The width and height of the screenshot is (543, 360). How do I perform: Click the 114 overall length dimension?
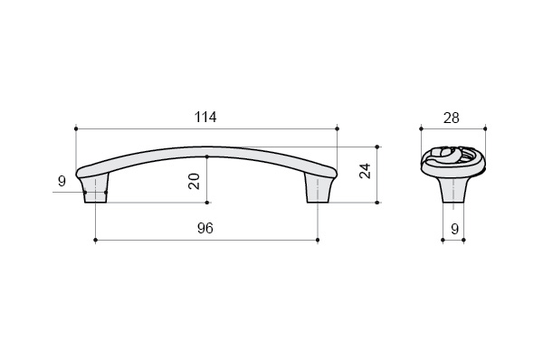coord(205,117)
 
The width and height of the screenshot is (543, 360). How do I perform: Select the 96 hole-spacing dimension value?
coord(205,228)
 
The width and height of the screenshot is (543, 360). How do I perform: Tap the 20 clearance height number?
coord(194,181)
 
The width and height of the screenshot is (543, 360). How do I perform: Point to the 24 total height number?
coord(365,171)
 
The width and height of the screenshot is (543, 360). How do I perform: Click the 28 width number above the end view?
coord(452,118)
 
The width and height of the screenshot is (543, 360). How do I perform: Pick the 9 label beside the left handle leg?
coord(62,181)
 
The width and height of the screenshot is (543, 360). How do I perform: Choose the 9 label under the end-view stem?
coord(454,229)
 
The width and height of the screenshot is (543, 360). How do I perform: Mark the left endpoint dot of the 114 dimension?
coord(76,128)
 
